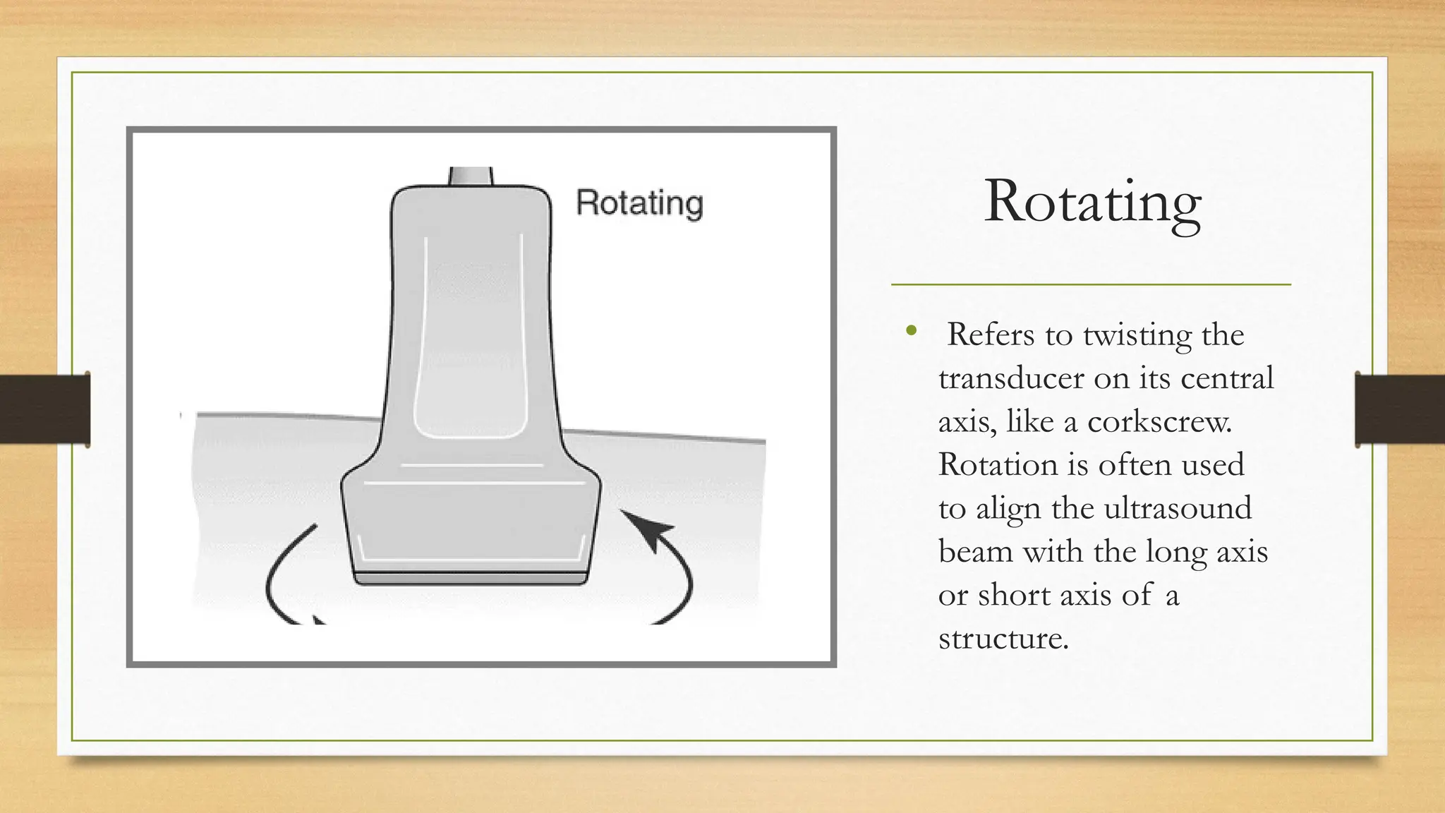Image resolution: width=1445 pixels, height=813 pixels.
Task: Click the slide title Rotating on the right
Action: click(x=1092, y=202)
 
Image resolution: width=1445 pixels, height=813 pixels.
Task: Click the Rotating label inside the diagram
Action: click(x=639, y=203)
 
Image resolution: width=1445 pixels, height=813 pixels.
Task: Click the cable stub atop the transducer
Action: click(x=471, y=176)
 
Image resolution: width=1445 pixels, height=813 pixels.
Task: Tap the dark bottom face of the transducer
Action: click(x=471, y=579)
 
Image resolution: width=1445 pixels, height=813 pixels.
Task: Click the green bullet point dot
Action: click(x=912, y=330)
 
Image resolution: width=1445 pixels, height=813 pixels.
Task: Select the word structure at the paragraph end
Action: click(x=1003, y=639)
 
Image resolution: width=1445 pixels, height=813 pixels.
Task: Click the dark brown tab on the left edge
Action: click(x=44, y=409)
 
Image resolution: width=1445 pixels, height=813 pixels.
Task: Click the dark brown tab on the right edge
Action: click(x=1400, y=409)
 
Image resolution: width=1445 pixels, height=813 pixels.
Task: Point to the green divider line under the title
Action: click(x=1091, y=284)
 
